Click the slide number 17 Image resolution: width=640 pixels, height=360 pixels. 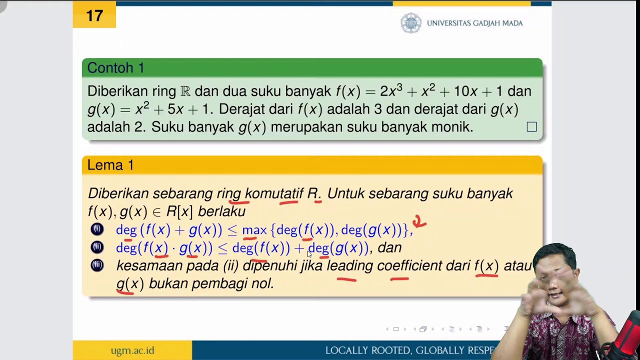click(x=94, y=15)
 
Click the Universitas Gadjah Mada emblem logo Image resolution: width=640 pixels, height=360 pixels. click(x=411, y=23)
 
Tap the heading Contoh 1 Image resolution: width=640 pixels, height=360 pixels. click(x=115, y=68)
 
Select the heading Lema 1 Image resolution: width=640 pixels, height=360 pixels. click(x=110, y=165)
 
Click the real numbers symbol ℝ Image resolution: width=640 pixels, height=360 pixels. click(x=185, y=91)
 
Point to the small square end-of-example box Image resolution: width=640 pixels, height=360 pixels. click(x=531, y=127)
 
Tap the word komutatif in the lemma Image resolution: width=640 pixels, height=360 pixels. click(x=274, y=193)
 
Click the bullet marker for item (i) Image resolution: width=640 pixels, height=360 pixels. click(x=97, y=229)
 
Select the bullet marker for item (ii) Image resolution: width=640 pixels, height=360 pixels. click(x=97, y=247)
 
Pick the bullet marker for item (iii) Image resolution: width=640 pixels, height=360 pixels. click(x=97, y=265)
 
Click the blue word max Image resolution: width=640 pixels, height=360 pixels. click(x=254, y=230)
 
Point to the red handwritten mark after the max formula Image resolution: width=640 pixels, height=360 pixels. click(x=419, y=221)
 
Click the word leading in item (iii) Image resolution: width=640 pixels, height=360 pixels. click(x=349, y=265)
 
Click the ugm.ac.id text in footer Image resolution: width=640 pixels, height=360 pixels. click(x=132, y=350)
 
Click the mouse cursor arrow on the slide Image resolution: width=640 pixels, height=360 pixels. click(x=309, y=254)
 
